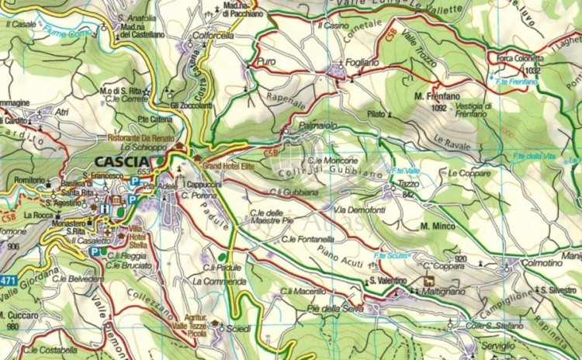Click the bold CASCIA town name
[x=121, y=161]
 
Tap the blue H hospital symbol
[x=105, y=208]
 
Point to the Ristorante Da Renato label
[x=139, y=137]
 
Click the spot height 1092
[x=439, y=109]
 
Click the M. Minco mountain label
[x=436, y=226]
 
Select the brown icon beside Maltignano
[x=428, y=281]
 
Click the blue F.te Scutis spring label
[x=390, y=256]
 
